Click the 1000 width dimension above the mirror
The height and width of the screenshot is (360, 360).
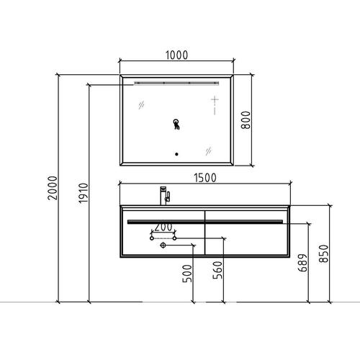click(x=177, y=55)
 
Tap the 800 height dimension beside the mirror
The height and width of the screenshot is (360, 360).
click(x=246, y=120)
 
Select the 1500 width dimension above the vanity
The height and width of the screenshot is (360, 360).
click(x=205, y=178)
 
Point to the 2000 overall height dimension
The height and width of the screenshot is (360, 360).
click(x=53, y=188)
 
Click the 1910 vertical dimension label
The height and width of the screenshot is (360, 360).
click(x=84, y=193)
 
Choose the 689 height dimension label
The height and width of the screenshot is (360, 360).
click(x=302, y=263)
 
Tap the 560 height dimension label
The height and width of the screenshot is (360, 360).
click(x=217, y=270)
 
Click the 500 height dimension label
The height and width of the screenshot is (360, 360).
click(x=187, y=274)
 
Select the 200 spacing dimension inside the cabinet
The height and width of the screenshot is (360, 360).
click(x=163, y=227)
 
